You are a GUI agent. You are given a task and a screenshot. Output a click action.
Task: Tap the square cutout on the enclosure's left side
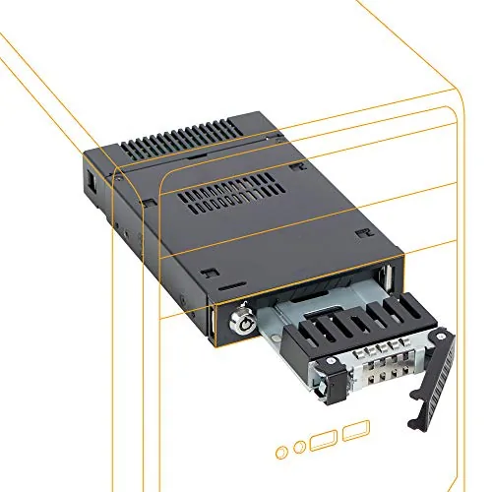click(91, 183)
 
